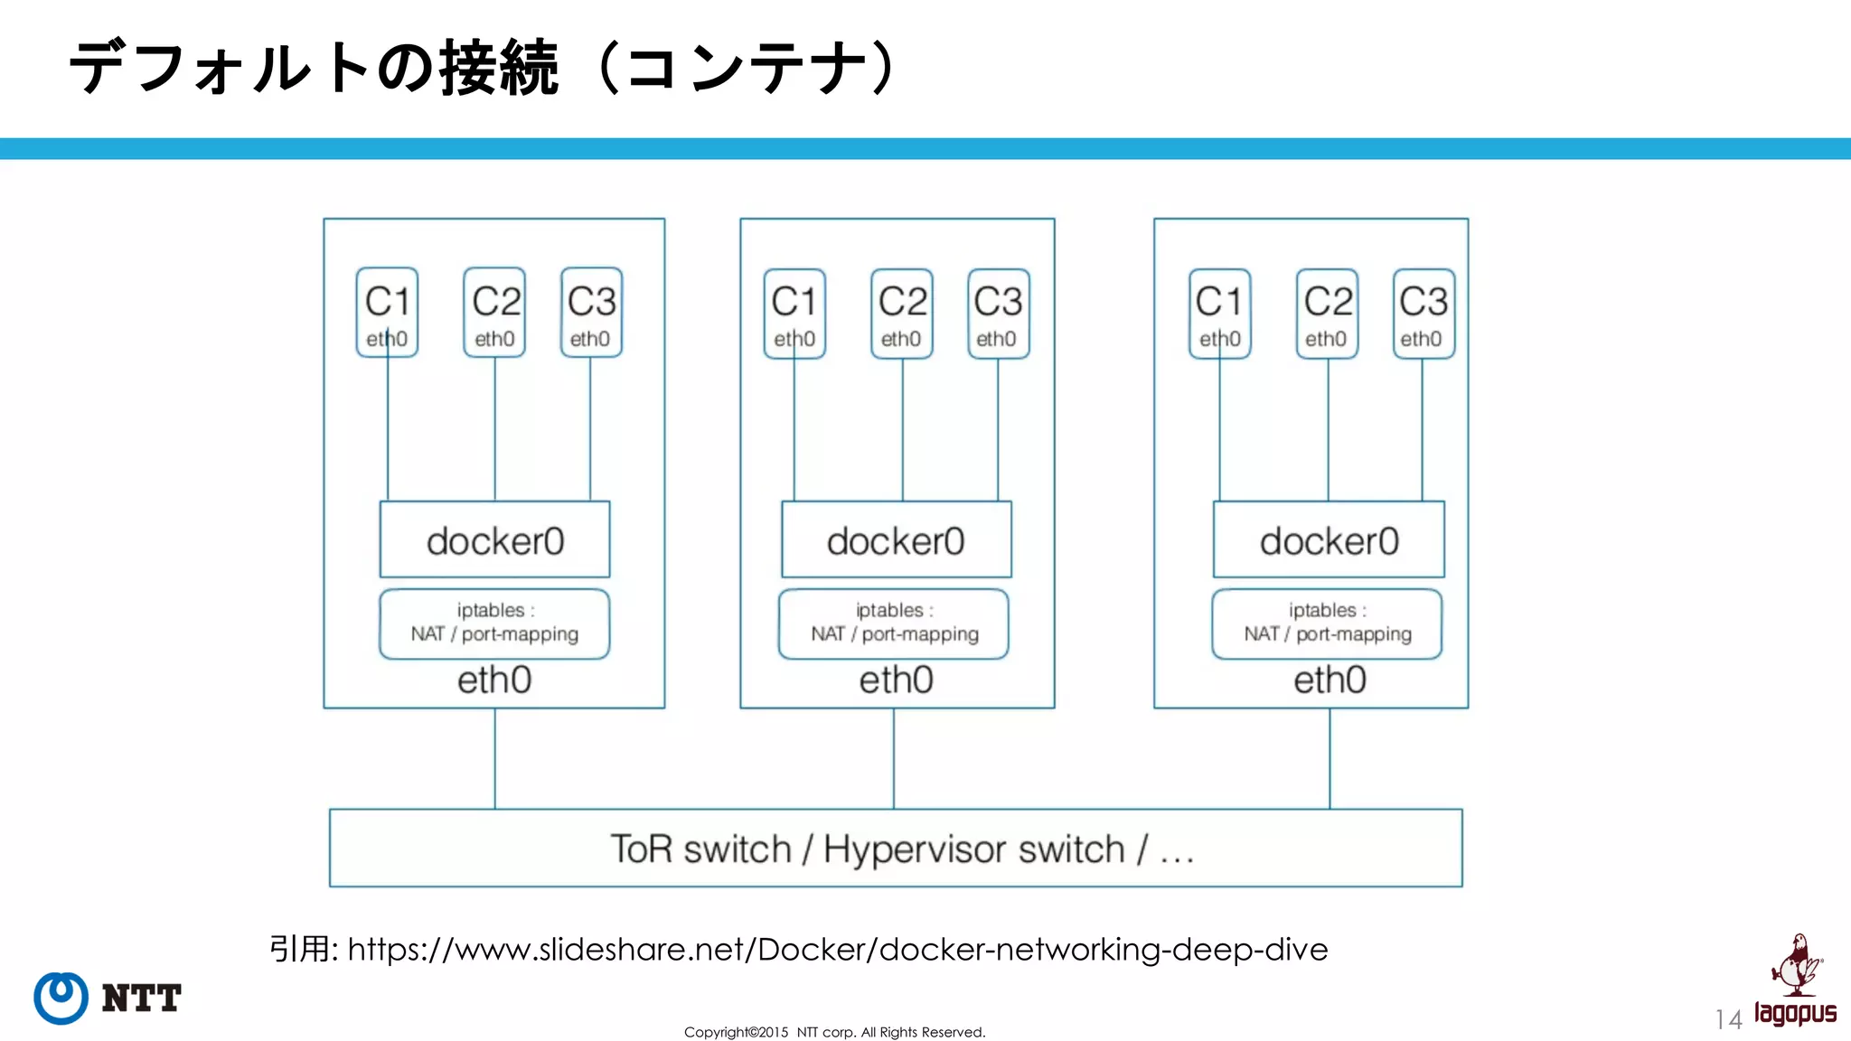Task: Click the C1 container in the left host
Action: pos(387,312)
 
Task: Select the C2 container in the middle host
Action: pos(902,313)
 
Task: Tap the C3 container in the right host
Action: pos(1423,313)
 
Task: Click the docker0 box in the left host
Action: pos(494,540)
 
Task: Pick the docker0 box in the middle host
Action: pos(896,540)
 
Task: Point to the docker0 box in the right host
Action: pos(1329,540)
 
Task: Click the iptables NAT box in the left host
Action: pos(494,623)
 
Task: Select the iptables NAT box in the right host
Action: pos(1327,623)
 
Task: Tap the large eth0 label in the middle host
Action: pos(896,680)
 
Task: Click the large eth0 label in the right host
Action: pos(1330,680)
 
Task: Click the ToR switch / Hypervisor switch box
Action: pos(896,848)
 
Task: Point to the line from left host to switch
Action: pos(494,759)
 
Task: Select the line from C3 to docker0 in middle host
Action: pos(998,429)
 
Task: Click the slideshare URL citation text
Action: pos(837,949)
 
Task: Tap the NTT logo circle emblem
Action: pos(61,998)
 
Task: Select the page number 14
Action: pos(1728,1020)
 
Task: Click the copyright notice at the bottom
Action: pos(834,1032)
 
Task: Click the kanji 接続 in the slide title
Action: pos(499,68)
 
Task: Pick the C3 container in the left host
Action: pos(591,312)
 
